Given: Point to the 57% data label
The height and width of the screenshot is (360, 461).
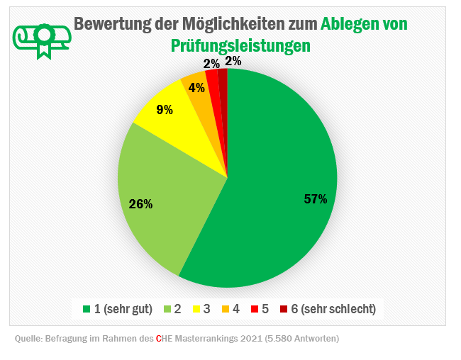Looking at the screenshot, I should (x=315, y=199).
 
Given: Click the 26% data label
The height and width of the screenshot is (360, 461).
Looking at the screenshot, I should (x=140, y=204).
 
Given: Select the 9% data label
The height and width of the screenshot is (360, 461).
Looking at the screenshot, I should (x=165, y=110).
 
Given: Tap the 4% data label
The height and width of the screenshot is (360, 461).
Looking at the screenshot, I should (x=196, y=89).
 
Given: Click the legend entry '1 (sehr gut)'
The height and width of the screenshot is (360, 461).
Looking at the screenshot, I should (x=117, y=309).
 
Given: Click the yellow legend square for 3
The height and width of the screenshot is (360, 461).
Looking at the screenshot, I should (x=196, y=309).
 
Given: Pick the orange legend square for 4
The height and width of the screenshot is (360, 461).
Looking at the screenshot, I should (x=225, y=309).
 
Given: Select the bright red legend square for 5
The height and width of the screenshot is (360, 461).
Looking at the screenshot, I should (x=254, y=309).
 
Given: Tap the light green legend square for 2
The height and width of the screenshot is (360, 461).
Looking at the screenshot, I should (x=167, y=309).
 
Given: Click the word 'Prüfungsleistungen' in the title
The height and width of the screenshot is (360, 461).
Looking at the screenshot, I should (x=240, y=46).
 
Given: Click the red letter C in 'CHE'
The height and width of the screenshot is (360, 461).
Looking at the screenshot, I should (x=159, y=339).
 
